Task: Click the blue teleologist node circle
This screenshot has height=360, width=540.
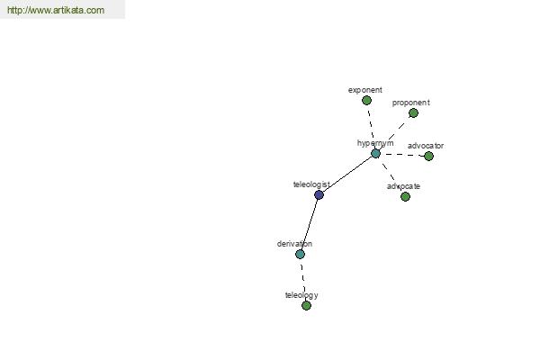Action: pyautogui.click(x=319, y=195)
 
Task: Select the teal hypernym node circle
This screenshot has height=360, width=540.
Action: pyautogui.click(x=375, y=154)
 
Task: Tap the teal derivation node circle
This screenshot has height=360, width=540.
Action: pyautogui.click(x=300, y=254)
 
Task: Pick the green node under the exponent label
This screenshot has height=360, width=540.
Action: pyautogui.click(x=367, y=101)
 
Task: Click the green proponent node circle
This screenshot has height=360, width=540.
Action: pyautogui.click(x=413, y=113)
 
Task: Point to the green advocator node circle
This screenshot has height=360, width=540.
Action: pyautogui.click(x=428, y=157)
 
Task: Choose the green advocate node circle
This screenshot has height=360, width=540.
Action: pyautogui.click(x=405, y=197)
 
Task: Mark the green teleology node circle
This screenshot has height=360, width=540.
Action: pyautogui.click(x=306, y=306)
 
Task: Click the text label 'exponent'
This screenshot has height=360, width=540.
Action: pyautogui.click(x=365, y=90)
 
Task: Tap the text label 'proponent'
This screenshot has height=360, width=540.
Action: pyautogui.click(x=411, y=103)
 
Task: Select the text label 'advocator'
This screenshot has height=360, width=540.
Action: pyautogui.click(x=426, y=146)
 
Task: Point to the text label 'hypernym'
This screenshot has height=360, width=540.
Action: pyautogui.click(x=375, y=143)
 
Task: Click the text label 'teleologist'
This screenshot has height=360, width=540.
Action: pyautogui.click(x=311, y=184)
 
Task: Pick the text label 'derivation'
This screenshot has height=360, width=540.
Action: pyautogui.click(x=294, y=244)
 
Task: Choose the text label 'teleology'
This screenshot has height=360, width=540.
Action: pyautogui.click(x=301, y=295)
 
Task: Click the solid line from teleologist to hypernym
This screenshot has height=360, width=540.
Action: pyautogui.click(x=347, y=175)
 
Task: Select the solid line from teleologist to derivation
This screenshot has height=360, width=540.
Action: pyautogui.click(x=310, y=225)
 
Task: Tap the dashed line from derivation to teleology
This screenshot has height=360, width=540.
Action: pyautogui.click(x=303, y=280)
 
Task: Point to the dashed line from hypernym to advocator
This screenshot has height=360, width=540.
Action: pyautogui.click(x=402, y=155)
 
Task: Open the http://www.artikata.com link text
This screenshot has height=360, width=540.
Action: pyautogui.click(x=56, y=10)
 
